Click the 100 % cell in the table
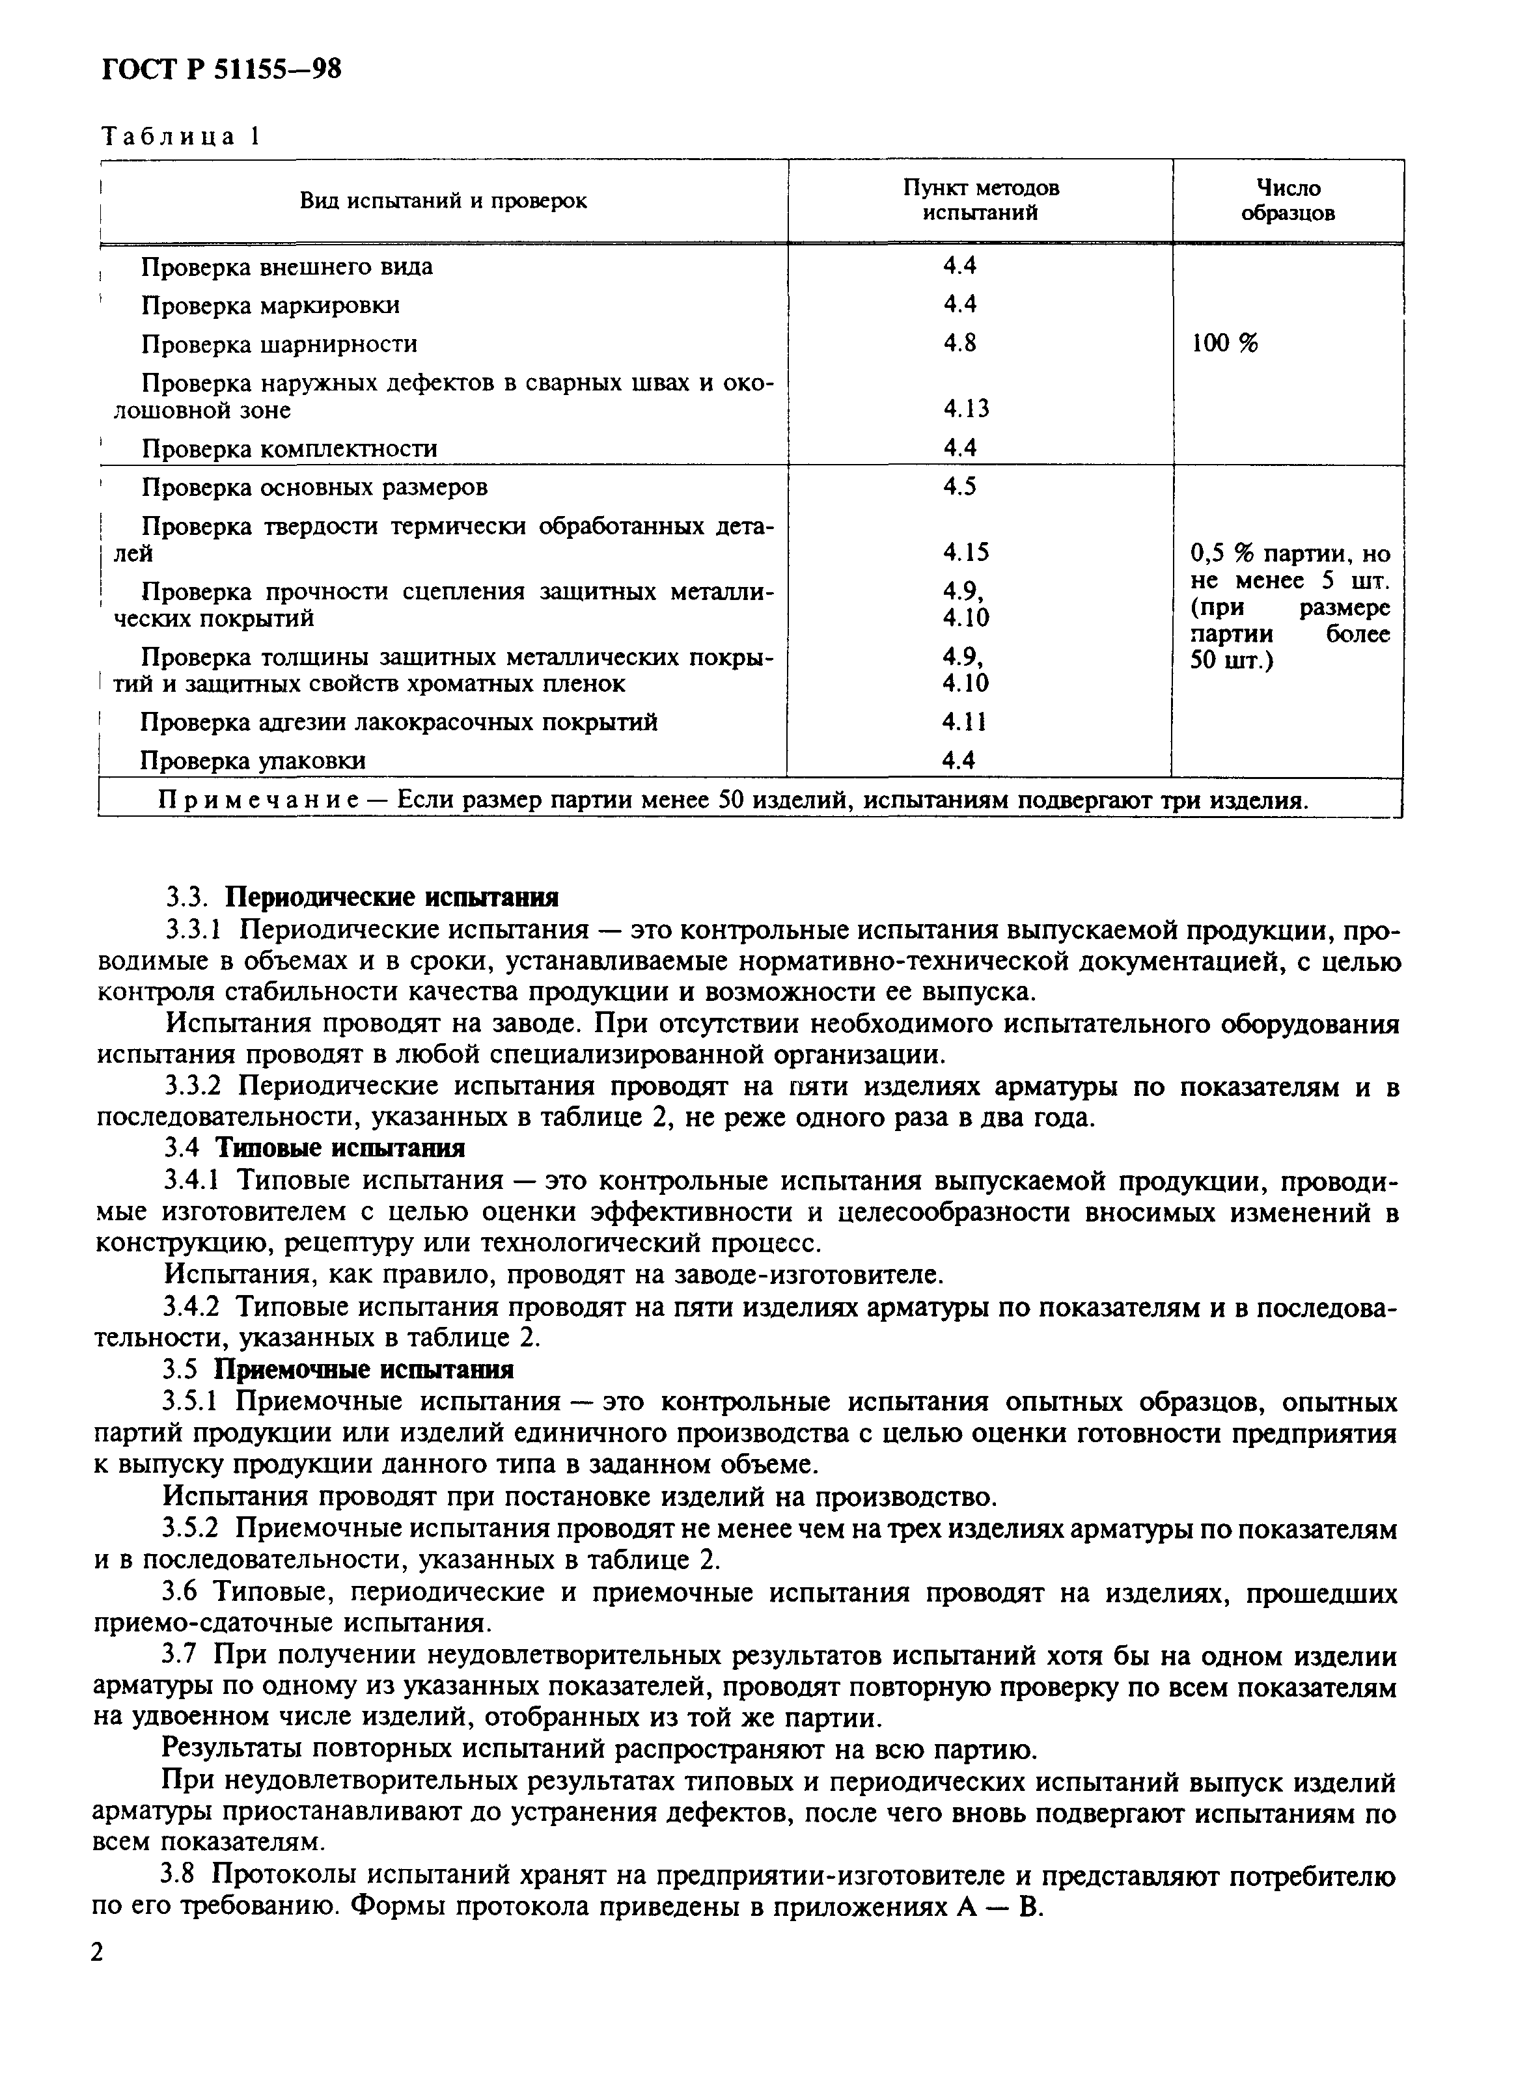pyautogui.click(x=1224, y=344)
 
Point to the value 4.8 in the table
pyautogui.click(x=959, y=343)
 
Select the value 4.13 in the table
pyautogui.click(x=965, y=409)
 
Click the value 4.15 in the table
pyautogui.click(x=965, y=553)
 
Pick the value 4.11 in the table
pyautogui.click(x=963, y=722)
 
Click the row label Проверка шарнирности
pyautogui.click(x=279, y=344)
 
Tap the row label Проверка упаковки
pyautogui.click(x=253, y=761)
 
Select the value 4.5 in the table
pyautogui.click(x=959, y=486)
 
